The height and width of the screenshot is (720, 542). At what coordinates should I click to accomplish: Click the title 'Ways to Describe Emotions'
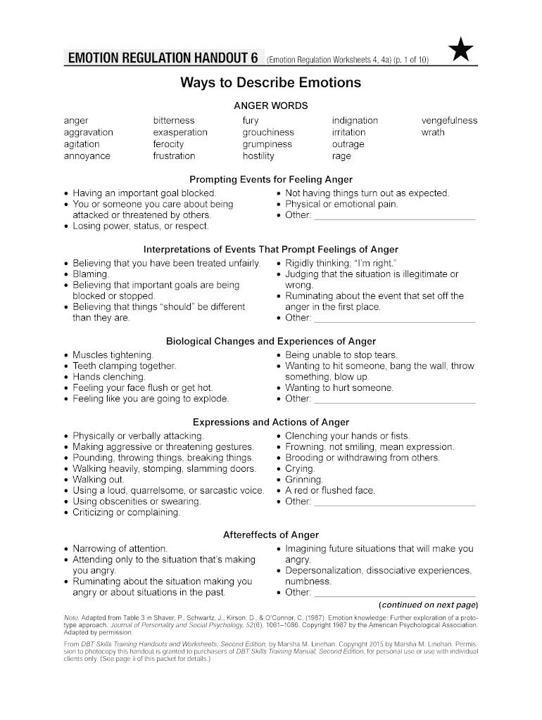click(271, 83)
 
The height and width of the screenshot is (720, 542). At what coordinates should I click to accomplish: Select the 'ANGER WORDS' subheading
click(271, 105)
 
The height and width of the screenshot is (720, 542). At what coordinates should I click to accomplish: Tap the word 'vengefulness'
click(449, 120)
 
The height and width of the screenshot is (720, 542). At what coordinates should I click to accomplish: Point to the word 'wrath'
click(433, 132)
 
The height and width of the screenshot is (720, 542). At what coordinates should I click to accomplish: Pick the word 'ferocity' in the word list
click(169, 144)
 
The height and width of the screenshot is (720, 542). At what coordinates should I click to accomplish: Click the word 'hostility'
click(258, 156)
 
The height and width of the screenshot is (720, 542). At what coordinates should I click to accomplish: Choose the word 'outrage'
click(348, 144)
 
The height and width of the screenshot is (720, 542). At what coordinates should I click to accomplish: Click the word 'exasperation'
click(180, 132)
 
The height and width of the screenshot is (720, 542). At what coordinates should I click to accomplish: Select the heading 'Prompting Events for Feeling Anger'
click(271, 179)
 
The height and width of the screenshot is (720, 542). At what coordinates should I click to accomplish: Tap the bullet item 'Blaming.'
click(91, 274)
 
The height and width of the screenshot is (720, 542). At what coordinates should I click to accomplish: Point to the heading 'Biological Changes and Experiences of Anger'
click(271, 341)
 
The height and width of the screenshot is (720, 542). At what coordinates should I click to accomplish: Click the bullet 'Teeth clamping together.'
click(125, 366)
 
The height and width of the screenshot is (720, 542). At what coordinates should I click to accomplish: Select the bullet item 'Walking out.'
click(99, 480)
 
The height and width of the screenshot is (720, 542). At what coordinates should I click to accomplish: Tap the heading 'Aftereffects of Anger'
click(271, 534)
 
